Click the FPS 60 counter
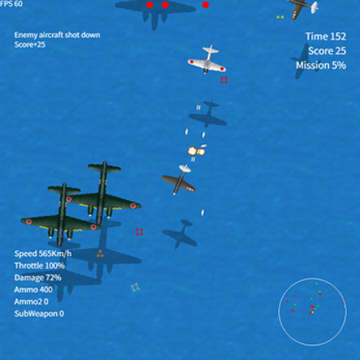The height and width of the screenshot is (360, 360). (11, 4)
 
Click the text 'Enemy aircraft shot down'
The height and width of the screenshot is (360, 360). (57, 35)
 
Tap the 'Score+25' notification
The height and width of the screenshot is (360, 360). (30, 44)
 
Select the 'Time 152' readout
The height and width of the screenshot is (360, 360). (326, 36)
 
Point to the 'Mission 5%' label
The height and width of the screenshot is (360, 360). (321, 65)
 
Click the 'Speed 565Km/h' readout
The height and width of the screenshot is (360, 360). (43, 254)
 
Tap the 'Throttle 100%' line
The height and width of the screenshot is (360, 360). (39, 265)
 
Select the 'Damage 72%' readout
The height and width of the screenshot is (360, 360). (38, 278)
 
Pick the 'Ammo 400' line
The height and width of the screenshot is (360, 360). (33, 290)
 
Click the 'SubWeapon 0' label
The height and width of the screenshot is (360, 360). (39, 314)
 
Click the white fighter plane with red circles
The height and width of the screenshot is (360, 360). (207, 59)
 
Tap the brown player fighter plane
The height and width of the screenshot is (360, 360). (178, 180)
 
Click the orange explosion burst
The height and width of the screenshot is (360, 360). (196, 152)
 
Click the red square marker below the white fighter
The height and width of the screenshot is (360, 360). (224, 80)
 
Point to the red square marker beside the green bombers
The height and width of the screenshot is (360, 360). (139, 232)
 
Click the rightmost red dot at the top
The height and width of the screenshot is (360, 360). (206, 5)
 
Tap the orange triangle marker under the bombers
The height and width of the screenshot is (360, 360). (100, 254)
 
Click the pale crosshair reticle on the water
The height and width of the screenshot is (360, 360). (136, 287)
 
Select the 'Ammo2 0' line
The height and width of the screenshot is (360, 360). (31, 301)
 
